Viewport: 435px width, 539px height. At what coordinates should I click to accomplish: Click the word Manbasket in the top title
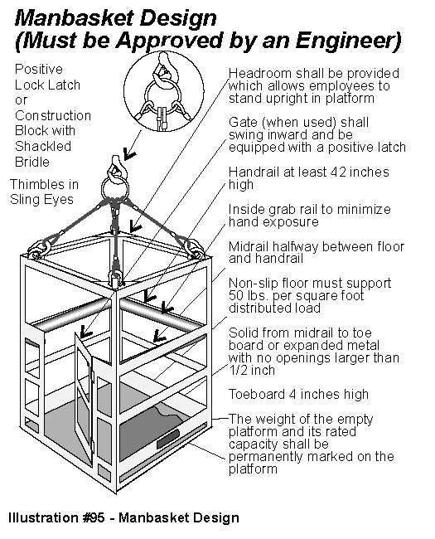[72, 18]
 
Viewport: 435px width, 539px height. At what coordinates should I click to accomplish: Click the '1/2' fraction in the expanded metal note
[238, 370]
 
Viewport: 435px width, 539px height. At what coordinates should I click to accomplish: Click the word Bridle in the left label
[32, 162]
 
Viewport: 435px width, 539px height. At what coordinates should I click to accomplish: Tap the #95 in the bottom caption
[94, 517]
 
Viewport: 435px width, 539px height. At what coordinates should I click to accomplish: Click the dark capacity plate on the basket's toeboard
[168, 439]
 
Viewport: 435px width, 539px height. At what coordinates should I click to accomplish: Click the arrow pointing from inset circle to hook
[132, 145]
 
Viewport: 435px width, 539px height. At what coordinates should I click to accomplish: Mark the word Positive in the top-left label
[39, 70]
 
